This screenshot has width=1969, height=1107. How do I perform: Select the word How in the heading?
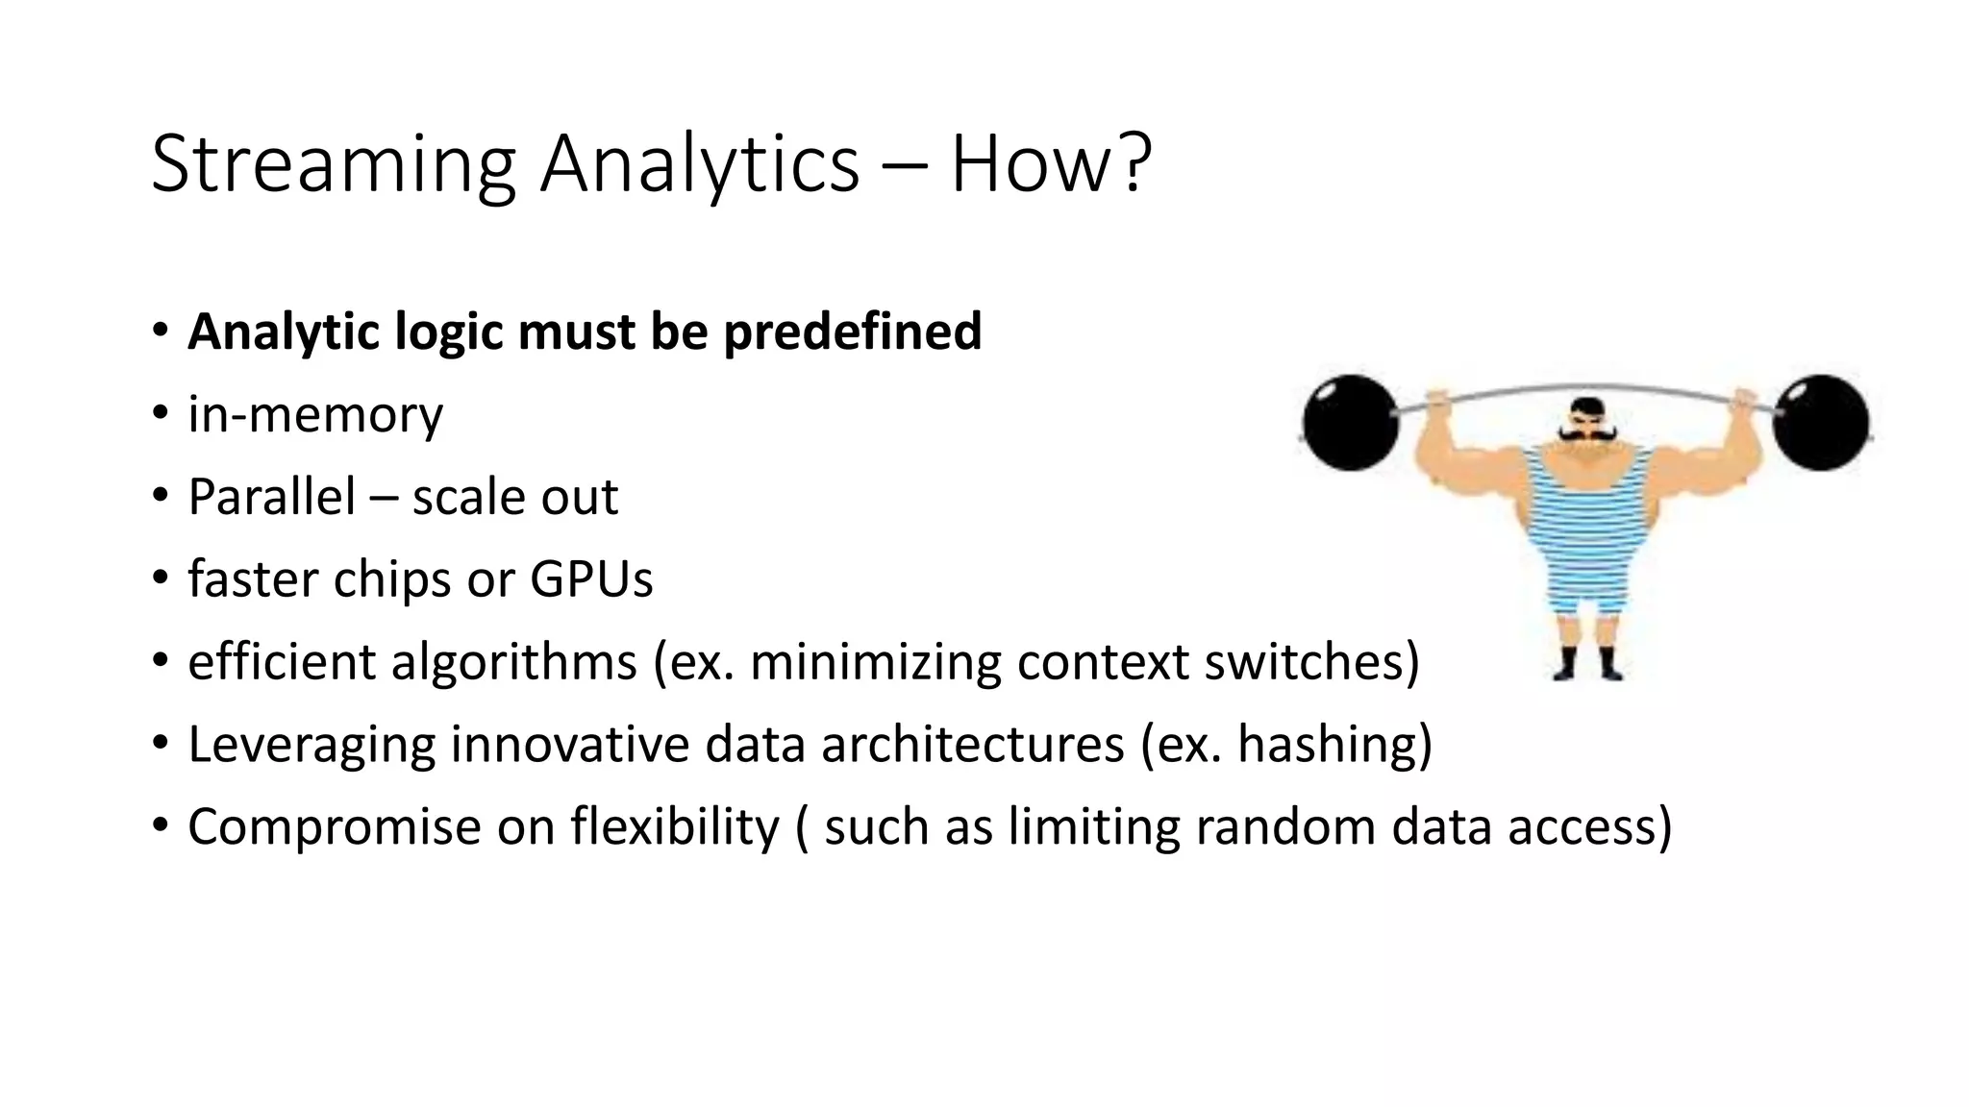point(1030,165)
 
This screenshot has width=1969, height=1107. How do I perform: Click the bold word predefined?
point(852,332)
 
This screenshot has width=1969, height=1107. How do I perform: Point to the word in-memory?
point(315,415)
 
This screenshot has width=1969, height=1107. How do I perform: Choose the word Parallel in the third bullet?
point(271,497)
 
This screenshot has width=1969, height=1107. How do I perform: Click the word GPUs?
point(590,579)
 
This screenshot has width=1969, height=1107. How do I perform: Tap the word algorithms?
point(513,662)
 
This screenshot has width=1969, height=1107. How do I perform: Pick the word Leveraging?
point(311,745)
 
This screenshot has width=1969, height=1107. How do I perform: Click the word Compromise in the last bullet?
point(334,827)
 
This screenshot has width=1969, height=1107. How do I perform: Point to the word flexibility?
point(674,827)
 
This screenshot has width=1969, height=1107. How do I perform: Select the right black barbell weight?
point(1820,423)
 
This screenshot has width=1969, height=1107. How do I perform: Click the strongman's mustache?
point(1585,435)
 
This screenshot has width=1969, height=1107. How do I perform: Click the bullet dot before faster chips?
point(160,578)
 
